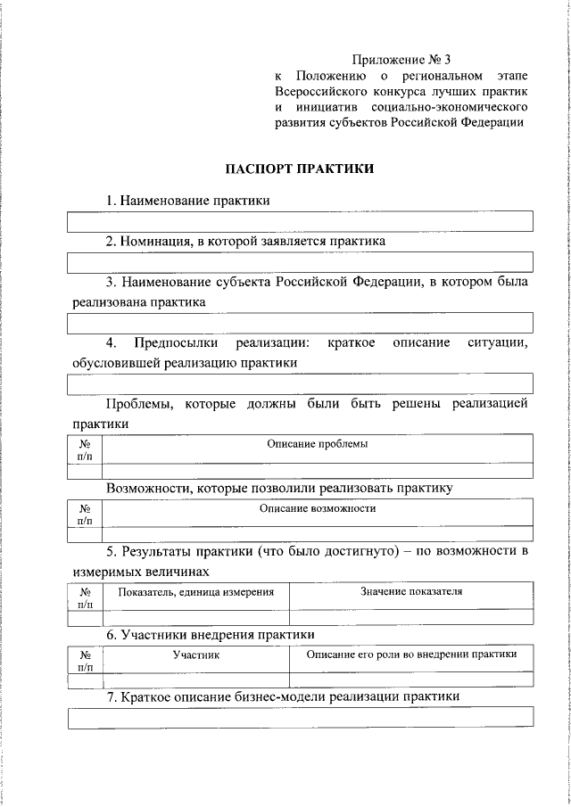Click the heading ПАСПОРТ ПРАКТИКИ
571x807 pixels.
click(x=300, y=168)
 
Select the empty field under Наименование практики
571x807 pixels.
click(x=301, y=221)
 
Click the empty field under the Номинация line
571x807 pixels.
click(x=301, y=262)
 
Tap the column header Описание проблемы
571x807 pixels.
click(x=318, y=444)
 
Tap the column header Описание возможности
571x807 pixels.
click(x=318, y=508)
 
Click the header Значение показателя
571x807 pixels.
click(x=411, y=591)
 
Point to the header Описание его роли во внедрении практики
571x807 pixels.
click(x=411, y=655)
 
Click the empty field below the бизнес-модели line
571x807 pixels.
click(x=301, y=716)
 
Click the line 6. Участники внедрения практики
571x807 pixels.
click(x=211, y=634)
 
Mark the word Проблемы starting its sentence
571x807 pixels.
click(x=140, y=404)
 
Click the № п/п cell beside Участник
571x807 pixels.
click(x=86, y=660)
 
